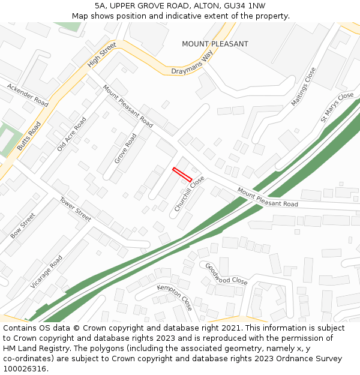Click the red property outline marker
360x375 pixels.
tap(182, 175)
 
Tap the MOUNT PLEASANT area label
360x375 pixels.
tap(215, 44)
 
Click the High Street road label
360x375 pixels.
tap(101, 59)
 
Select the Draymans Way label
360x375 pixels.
tap(192, 65)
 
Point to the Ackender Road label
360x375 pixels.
tap(28, 95)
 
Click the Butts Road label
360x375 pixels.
tap(29, 136)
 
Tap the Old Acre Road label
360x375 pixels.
tap(71, 134)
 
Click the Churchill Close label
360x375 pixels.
tap(190, 193)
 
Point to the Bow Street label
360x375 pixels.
tap(23, 226)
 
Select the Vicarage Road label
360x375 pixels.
tap(46, 272)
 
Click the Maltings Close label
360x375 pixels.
tap(303, 87)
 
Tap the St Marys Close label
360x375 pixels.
tap(337, 107)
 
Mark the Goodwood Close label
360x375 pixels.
tap(226, 274)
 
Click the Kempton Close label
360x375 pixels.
tap(175, 297)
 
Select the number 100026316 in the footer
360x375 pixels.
tap(25, 369)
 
